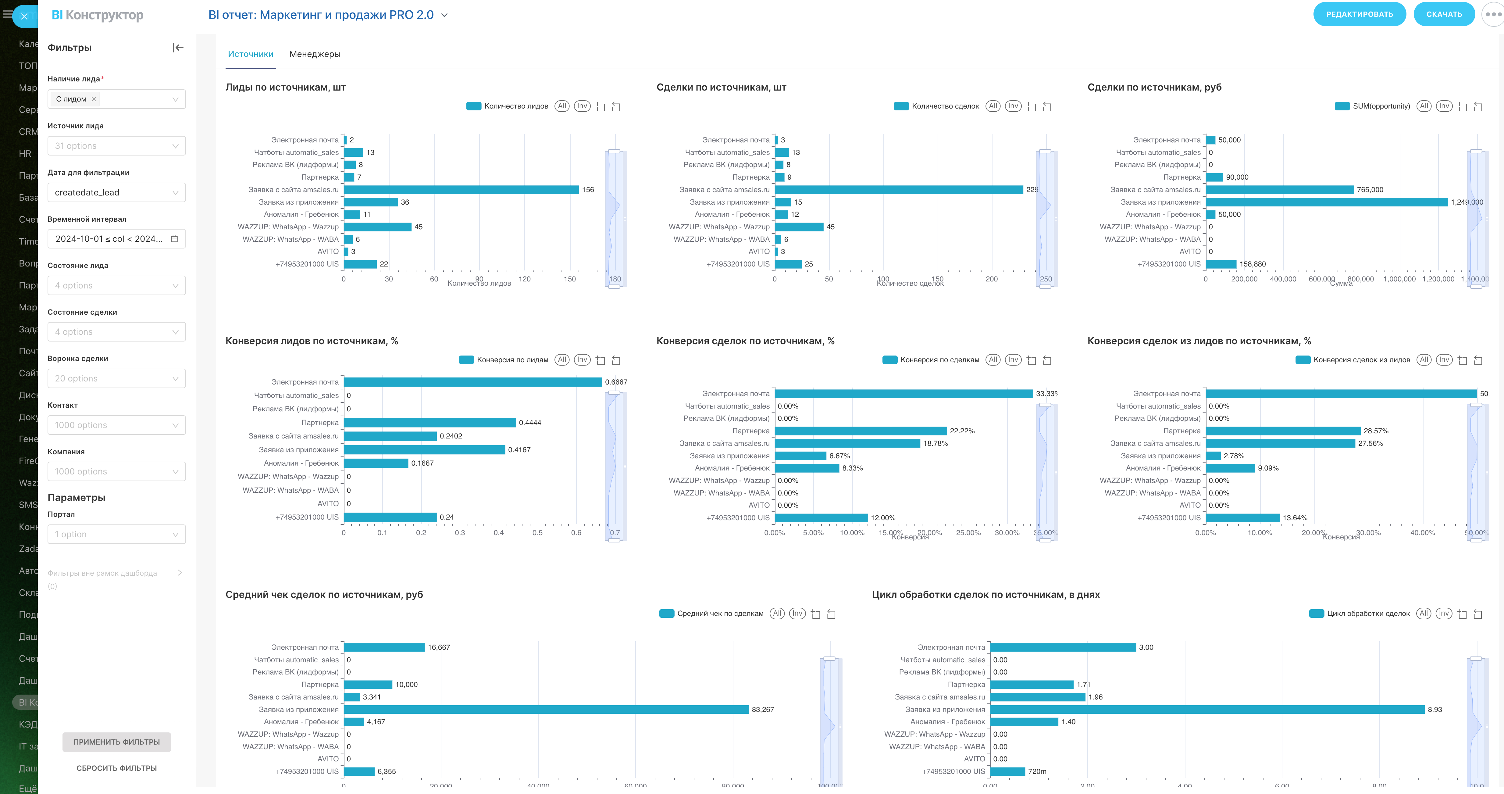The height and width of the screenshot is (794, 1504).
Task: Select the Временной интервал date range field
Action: pos(116,239)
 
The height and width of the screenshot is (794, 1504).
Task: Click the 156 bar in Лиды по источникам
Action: pos(461,190)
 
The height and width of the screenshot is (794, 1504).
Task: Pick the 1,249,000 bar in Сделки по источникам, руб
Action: pos(1327,202)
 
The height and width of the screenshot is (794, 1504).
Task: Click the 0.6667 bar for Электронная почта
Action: pos(473,382)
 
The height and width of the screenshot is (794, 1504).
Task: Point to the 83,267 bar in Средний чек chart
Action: pos(546,709)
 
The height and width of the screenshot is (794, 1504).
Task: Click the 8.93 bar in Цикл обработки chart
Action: pos(1207,709)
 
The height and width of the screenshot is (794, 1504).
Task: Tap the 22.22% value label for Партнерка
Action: pos(962,431)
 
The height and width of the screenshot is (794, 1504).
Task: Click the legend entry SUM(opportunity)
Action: pos(1381,106)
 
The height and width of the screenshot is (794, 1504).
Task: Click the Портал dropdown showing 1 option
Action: pos(116,534)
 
